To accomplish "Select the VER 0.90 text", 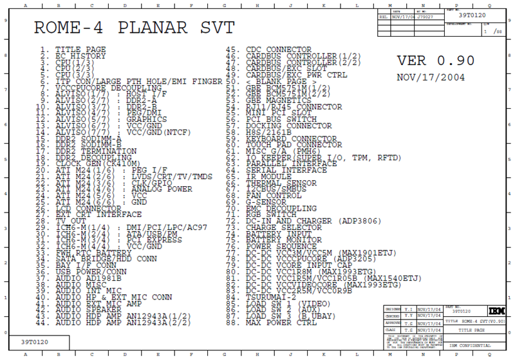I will (436, 61).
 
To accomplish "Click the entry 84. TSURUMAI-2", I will (267, 296).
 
